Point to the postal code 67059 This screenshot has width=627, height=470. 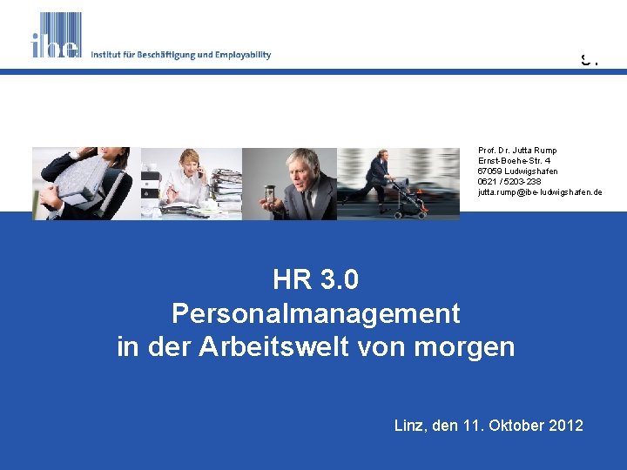point(489,171)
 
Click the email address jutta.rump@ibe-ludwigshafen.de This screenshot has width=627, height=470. point(539,192)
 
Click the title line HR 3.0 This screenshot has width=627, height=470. point(315,280)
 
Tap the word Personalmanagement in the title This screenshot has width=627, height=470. point(315,312)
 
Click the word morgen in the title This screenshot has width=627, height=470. point(474,346)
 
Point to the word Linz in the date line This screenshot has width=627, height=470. point(410,426)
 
